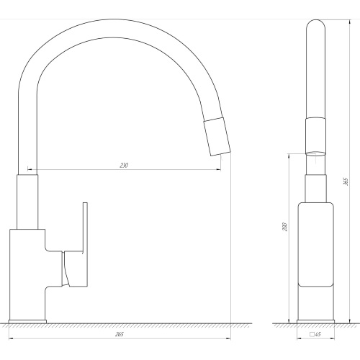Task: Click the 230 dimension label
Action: pos(124,165)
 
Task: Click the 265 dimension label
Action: pos(120,334)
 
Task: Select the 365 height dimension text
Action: pos(346,181)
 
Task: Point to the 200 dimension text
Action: pos(285,227)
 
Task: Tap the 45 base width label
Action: pos(318,334)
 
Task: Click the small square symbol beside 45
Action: pos(312,334)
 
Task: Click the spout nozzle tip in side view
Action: pos(217,137)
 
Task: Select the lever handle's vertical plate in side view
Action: pos(85,244)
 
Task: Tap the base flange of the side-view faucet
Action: pos(27,322)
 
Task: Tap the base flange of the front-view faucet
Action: pos(315,322)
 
